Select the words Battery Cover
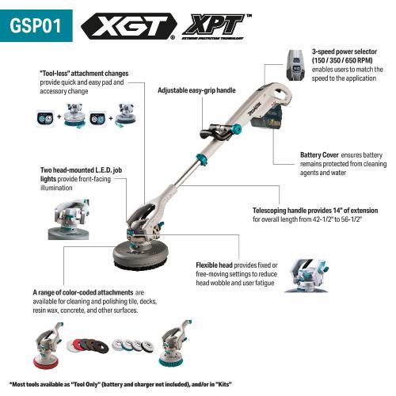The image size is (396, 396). pyautogui.click(x=321, y=154)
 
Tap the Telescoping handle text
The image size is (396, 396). pyautogui.click(x=291, y=211)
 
